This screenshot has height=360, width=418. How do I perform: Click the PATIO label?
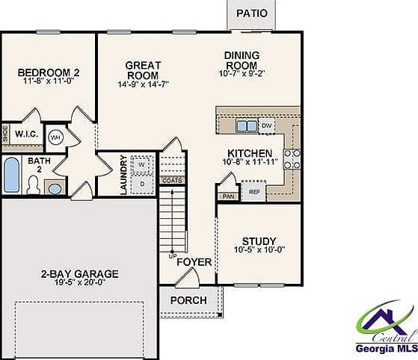click(252, 13)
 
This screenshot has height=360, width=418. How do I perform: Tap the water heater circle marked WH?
click(56, 137)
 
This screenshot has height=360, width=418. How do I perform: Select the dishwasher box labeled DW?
click(267, 125)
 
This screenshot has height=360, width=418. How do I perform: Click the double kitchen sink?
click(247, 126)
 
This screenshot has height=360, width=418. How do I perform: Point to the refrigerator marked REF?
click(254, 191)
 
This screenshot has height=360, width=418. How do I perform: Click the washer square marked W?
click(142, 164)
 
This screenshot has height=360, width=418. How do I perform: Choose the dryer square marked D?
click(142, 184)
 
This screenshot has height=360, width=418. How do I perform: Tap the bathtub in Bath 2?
click(12, 175)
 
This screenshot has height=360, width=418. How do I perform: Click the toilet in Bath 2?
click(34, 184)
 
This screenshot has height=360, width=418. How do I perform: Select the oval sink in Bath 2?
click(55, 188)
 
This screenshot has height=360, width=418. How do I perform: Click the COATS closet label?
click(172, 181)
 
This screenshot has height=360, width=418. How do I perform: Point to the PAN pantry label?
click(229, 196)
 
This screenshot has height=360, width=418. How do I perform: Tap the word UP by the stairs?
click(173, 256)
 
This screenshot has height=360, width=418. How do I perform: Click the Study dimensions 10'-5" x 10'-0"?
click(259, 249)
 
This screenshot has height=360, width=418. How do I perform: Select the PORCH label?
click(188, 300)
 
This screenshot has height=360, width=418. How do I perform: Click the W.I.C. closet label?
click(26, 134)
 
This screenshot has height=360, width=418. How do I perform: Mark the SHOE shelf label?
click(5, 134)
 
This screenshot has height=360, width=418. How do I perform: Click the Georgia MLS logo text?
click(387, 348)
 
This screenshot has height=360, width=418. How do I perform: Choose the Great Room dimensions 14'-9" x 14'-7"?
click(144, 84)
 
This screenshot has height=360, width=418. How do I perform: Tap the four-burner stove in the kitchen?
click(292, 159)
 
